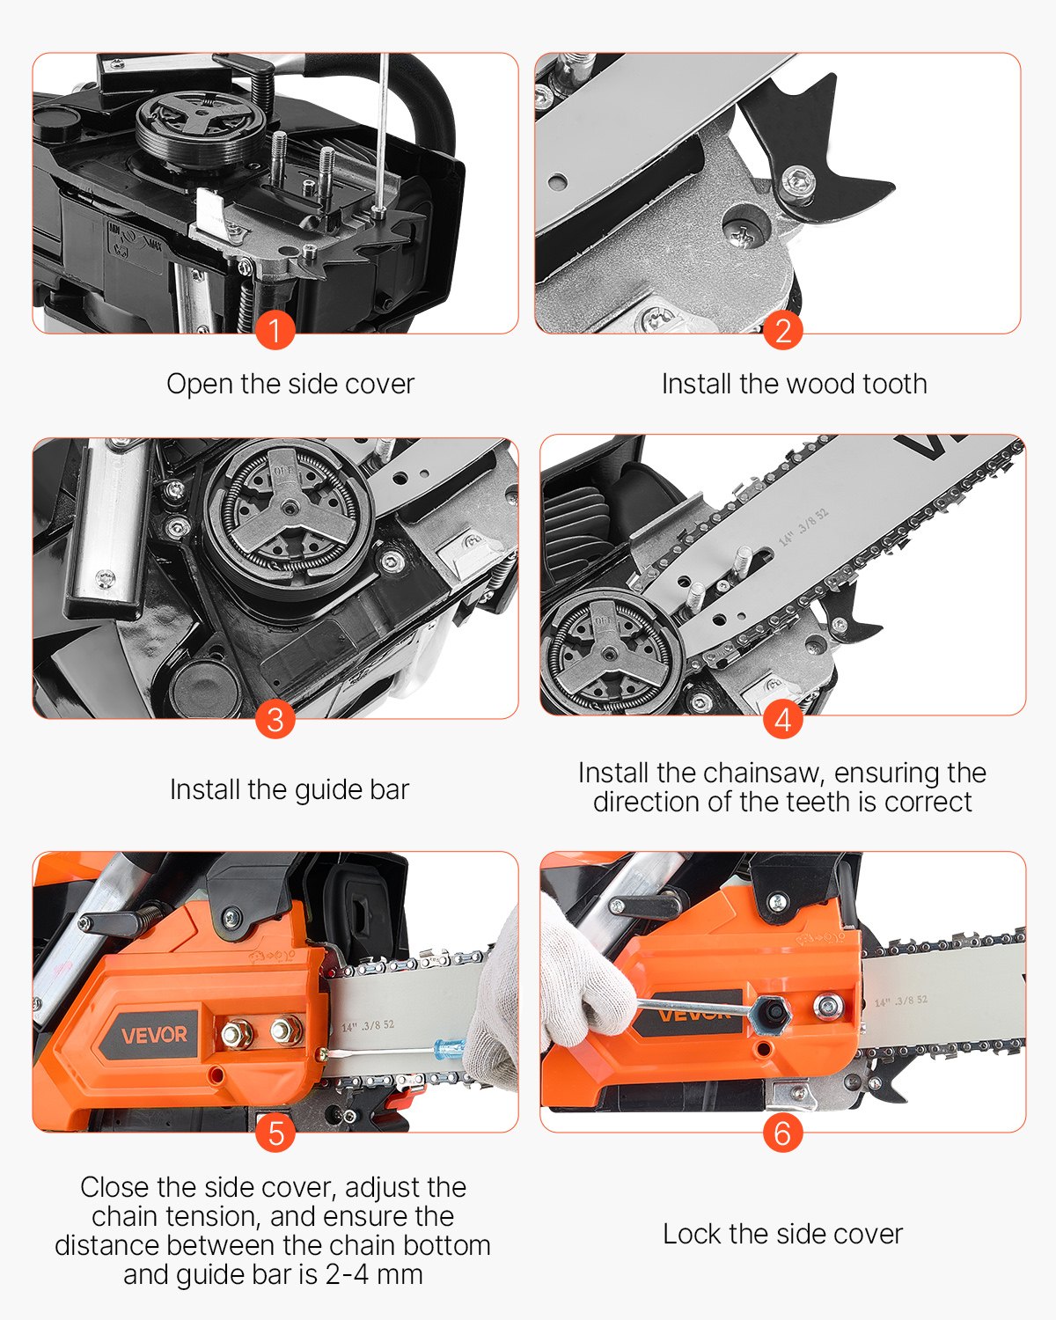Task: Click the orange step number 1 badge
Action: (275, 331)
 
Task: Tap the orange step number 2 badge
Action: (782, 331)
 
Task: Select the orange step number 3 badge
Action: (275, 719)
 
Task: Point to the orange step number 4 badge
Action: (782, 719)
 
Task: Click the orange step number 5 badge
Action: (275, 1133)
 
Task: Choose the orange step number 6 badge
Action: (782, 1133)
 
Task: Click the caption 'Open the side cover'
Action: (290, 384)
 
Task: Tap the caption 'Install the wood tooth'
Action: (794, 384)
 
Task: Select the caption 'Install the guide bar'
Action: (290, 789)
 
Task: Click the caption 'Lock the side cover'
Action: (782, 1234)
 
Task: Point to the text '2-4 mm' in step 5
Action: (374, 1274)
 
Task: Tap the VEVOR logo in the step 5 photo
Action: (154, 1034)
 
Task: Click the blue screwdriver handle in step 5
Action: (449, 1049)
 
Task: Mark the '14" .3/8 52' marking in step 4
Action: (803, 526)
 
